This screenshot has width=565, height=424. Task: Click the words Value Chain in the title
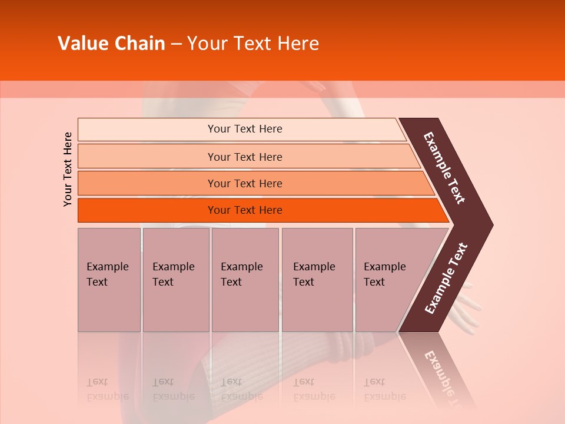[x=111, y=44]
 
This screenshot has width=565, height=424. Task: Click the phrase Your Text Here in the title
[x=253, y=44]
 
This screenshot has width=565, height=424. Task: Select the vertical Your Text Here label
[x=68, y=169]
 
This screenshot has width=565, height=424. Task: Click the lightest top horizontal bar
[x=245, y=129]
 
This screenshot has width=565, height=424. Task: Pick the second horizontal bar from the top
[x=245, y=157]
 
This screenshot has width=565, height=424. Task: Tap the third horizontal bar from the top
[x=245, y=183]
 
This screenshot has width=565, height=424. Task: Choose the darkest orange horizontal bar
[x=245, y=210]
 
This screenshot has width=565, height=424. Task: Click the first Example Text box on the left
[x=109, y=280]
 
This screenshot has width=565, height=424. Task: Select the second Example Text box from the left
[x=175, y=280]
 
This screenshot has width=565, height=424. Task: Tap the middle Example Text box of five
[x=245, y=280]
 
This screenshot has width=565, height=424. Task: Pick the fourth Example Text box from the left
[x=317, y=280]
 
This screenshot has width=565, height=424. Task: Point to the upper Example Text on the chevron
[x=444, y=168]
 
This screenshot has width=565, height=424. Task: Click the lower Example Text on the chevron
[x=446, y=279]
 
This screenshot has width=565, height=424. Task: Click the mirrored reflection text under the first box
[x=107, y=389]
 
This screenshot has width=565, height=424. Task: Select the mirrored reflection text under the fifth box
[x=384, y=389]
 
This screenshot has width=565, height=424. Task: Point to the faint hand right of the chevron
[x=468, y=303]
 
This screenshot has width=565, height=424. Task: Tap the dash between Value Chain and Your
[x=176, y=44]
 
